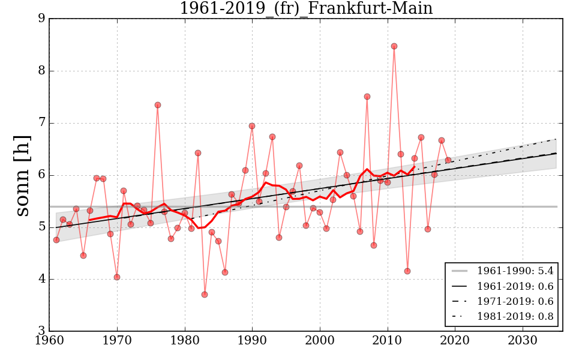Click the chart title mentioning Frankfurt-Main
[x=306, y=8]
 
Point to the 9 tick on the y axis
[x=41, y=19]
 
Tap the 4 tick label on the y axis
[x=41, y=279]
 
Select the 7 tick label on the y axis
[x=41, y=123]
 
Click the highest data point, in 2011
[x=394, y=46]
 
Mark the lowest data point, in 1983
[x=205, y=295]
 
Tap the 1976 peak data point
[x=158, y=105]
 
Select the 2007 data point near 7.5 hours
[x=367, y=97]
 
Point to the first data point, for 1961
[x=56, y=240]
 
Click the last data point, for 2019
[x=448, y=160]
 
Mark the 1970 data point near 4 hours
[x=117, y=277]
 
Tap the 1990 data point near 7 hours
[x=252, y=126]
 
